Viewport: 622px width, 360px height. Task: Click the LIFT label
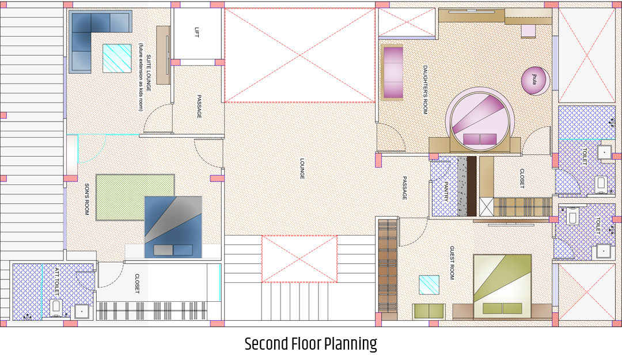(197, 32)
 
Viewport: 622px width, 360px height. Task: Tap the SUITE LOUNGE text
(149, 73)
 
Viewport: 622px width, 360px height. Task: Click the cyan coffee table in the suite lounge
(117, 58)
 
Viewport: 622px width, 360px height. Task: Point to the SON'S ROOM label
(87, 199)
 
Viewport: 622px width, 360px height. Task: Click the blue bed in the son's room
(173, 227)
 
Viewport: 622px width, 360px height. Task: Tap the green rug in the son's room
(135, 197)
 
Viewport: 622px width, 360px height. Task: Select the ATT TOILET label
(56, 281)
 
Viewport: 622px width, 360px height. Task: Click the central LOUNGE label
(302, 169)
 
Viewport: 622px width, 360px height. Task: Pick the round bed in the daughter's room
(480, 119)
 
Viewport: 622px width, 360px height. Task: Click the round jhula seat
(535, 81)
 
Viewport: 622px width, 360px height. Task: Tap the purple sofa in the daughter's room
(392, 73)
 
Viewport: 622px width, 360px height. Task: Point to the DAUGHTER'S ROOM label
(425, 90)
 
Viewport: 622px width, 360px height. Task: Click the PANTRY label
(445, 191)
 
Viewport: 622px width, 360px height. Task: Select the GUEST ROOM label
(452, 263)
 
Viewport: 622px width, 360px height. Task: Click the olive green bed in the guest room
(502, 286)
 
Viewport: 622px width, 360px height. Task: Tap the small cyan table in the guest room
(429, 285)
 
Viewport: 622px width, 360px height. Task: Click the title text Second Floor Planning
(310, 344)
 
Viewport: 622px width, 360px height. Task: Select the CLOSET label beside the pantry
(522, 179)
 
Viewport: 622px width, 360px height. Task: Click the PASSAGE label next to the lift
(199, 107)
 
